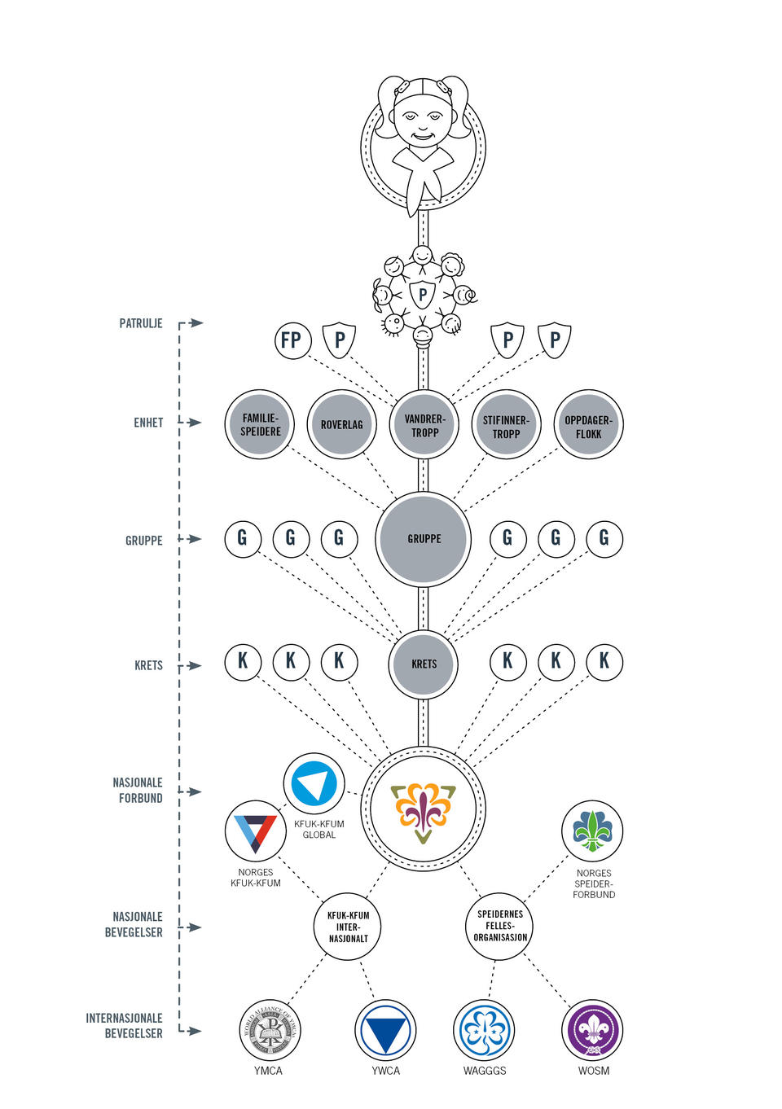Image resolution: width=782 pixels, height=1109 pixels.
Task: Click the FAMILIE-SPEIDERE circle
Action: click(260, 424)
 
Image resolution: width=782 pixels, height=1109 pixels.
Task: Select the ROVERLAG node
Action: click(342, 424)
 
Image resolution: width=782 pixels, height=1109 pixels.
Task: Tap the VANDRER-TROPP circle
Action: click(424, 424)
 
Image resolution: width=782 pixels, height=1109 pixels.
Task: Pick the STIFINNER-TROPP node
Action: click(506, 424)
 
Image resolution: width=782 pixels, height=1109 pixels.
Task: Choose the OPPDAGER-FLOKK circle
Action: click(588, 424)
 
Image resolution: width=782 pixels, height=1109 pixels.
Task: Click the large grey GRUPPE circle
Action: click(423, 539)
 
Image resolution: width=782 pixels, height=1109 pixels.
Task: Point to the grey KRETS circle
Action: click(423, 664)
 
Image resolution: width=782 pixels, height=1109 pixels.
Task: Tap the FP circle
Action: click(292, 340)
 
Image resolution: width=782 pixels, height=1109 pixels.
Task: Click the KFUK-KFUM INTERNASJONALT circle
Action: click(348, 927)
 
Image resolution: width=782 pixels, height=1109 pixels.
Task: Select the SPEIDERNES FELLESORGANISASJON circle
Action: click(499, 926)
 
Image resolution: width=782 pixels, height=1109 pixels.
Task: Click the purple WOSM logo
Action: click(592, 1030)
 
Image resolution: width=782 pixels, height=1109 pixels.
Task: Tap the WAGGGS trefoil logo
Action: click(484, 1030)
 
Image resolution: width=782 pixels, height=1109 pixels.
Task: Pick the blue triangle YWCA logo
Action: click(385, 1030)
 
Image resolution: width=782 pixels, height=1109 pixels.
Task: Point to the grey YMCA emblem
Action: click(270, 1030)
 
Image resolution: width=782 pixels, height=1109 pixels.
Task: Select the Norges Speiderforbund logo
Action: click(592, 831)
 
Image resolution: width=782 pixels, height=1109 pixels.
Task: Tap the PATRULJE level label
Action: click(141, 323)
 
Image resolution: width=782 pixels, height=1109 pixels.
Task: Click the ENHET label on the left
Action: click(148, 423)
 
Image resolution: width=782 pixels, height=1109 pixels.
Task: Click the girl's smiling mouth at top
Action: click(423, 137)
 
